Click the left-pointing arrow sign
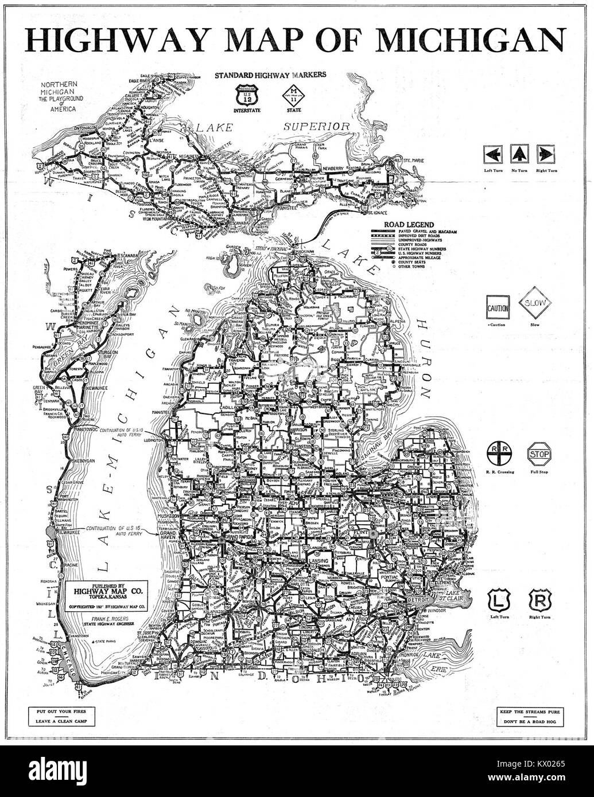tap(494, 154)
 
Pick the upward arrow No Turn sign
tap(519, 154)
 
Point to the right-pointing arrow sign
tap(544, 154)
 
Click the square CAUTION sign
tap(498, 308)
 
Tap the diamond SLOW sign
tap(535, 304)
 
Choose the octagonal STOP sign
tap(539, 454)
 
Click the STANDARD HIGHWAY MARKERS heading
tap(270, 75)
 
